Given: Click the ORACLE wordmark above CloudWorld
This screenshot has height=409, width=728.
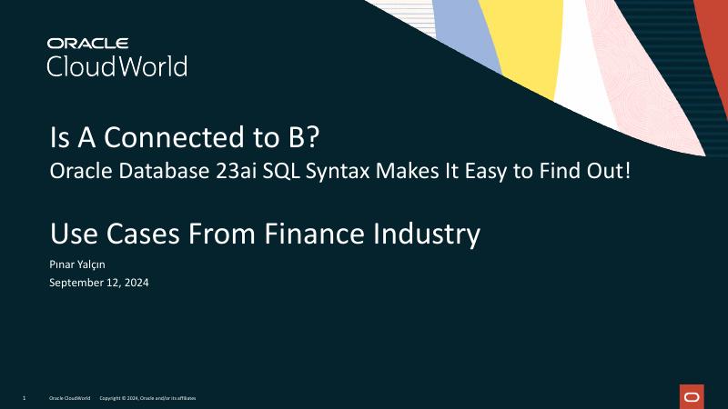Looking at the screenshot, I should point(88,43).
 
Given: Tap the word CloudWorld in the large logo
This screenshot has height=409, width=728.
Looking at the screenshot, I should point(116,66).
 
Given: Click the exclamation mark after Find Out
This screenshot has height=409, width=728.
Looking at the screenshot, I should point(627,171).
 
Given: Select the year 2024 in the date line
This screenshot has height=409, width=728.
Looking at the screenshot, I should point(136,283).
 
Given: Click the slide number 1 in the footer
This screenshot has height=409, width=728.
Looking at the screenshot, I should point(23,398).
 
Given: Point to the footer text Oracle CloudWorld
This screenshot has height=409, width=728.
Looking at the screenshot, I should point(69,398).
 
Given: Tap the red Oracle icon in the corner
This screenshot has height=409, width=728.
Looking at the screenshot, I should point(691,396).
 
